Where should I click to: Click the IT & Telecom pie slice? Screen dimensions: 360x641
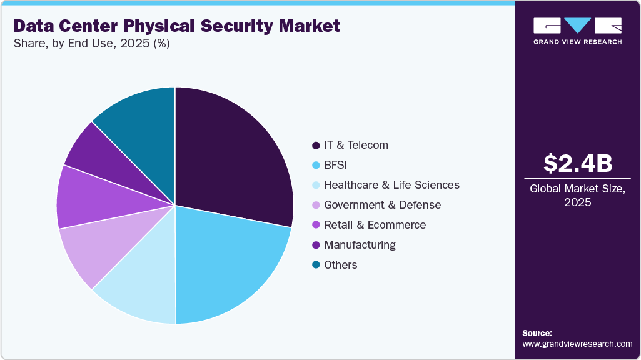click(231, 156)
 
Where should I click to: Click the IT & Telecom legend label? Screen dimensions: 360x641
click(356, 145)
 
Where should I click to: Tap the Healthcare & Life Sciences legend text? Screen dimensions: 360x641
click(391, 185)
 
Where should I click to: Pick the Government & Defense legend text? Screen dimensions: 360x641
click(382, 205)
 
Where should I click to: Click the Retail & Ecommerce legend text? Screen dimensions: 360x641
click(375, 225)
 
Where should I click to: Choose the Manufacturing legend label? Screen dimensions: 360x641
click(360, 245)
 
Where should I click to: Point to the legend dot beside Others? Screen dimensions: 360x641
click(316, 265)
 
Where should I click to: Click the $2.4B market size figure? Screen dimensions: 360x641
click(578, 164)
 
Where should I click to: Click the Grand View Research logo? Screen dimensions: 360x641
click(577, 31)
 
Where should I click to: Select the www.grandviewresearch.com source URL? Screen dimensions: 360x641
click(577, 344)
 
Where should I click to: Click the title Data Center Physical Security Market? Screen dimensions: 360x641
click(177, 26)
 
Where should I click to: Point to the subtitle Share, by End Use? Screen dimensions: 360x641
click(91, 44)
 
